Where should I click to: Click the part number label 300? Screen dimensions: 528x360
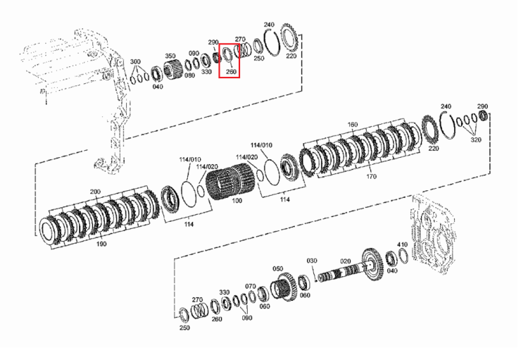coord(135,62)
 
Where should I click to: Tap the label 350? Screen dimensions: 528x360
coord(170,56)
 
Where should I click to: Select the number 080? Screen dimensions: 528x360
coord(189,75)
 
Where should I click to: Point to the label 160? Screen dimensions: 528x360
coord(352,125)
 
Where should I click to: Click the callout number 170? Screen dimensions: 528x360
coord(371,176)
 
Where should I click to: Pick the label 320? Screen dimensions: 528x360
coord(475,139)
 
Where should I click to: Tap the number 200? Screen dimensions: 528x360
coord(95,192)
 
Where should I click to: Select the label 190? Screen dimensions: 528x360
coord(101,244)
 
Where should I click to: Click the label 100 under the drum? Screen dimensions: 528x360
coord(237,201)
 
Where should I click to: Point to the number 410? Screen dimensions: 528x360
coord(403,244)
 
